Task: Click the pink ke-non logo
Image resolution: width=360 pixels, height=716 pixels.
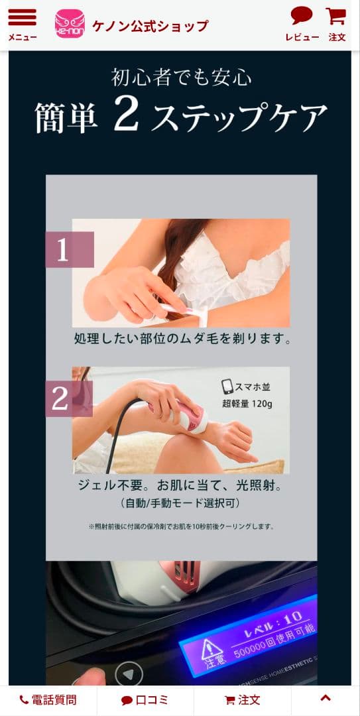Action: coord(70,24)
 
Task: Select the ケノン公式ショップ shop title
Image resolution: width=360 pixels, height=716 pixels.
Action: coord(150,26)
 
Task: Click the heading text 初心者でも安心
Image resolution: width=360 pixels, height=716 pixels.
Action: coord(181,78)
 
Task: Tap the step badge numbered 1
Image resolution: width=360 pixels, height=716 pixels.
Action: coord(69,250)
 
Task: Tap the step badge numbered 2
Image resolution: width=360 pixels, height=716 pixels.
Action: coord(68,398)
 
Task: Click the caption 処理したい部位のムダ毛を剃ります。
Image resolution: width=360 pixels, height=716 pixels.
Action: coord(182,339)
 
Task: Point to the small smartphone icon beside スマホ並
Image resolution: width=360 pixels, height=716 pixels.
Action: coord(227,387)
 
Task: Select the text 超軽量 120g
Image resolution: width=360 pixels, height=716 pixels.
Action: coord(247,403)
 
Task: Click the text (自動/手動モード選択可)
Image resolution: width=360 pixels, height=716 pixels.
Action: coord(181,503)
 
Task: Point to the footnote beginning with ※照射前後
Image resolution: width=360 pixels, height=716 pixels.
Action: coord(181,526)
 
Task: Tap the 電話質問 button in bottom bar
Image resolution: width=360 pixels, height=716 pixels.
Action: coord(48,700)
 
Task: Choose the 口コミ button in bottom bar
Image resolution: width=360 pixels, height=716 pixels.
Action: coord(145,700)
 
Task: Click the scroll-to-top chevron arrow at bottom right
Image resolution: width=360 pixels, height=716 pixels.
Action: coord(325,698)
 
